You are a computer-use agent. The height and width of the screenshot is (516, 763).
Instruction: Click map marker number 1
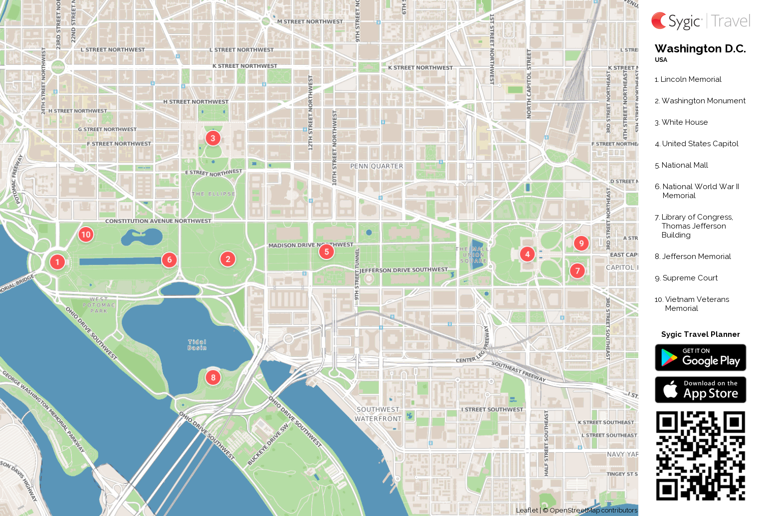click(57, 262)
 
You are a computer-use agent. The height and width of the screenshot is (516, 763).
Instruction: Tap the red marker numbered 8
click(213, 377)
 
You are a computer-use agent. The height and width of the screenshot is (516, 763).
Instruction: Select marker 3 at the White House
click(213, 138)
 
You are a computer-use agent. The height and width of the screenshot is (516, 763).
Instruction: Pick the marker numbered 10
click(86, 235)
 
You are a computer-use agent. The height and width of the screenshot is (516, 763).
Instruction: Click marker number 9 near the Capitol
click(581, 244)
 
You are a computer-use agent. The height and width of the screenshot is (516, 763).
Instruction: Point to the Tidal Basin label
click(197, 345)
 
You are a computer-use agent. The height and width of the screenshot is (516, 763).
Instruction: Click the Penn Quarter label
click(377, 166)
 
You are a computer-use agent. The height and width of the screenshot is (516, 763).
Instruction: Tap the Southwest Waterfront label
click(378, 414)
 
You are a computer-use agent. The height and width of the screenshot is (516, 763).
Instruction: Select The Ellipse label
click(213, 194)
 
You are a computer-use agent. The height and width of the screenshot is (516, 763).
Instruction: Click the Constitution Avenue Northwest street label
click(158, 221)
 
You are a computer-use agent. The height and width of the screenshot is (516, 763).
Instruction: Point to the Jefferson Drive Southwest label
click(404, 270)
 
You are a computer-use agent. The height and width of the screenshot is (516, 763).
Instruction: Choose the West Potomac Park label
click(99, 305)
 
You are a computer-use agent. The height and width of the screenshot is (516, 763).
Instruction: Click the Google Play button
click(700, 358)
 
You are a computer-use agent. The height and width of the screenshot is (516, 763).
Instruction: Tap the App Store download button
click(700, 390)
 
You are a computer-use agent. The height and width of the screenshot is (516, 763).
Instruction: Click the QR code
click(700, 456)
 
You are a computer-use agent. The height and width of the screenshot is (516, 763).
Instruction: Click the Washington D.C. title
click(700, 49)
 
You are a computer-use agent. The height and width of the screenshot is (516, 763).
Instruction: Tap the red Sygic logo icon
click(659, 21)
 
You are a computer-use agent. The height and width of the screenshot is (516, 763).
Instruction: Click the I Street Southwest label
click(492, 410)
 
